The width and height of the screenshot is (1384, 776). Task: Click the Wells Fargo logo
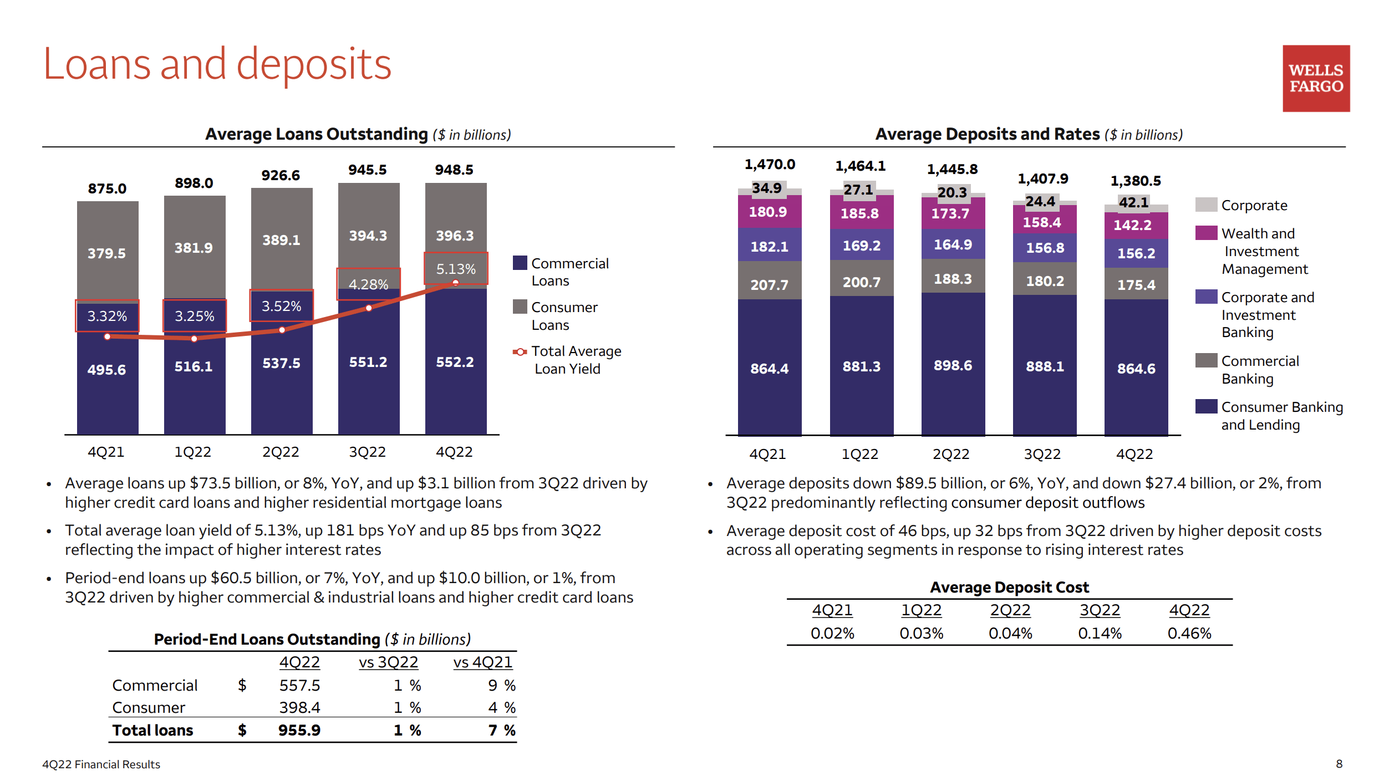1315,78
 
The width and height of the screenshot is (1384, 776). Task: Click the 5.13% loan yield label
456,269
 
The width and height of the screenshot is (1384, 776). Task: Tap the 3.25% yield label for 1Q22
194,316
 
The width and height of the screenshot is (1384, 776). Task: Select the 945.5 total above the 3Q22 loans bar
367,170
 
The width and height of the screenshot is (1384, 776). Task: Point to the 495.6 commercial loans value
106,370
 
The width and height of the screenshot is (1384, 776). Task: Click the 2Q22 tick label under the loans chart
281,452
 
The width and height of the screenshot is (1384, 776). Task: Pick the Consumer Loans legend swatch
520,307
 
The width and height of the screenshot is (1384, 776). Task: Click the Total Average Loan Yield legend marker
520,351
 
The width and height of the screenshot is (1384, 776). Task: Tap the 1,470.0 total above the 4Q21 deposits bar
770,164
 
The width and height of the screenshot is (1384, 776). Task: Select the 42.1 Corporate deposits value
1133,202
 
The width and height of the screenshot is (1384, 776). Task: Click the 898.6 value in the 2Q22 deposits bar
953,365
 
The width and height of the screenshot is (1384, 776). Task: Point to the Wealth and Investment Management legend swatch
1206,233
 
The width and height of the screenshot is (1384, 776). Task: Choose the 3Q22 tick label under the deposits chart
1042,454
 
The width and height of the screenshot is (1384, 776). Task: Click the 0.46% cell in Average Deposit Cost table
1189,633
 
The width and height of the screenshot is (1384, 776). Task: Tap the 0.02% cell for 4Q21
832,633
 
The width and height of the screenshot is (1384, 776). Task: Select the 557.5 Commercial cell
299,686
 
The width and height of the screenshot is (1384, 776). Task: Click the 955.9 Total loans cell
299,730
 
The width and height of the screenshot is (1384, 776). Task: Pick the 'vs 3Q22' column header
388,662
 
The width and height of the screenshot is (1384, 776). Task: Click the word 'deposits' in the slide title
314,64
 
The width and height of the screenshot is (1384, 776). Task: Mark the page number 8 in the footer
1339,764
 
